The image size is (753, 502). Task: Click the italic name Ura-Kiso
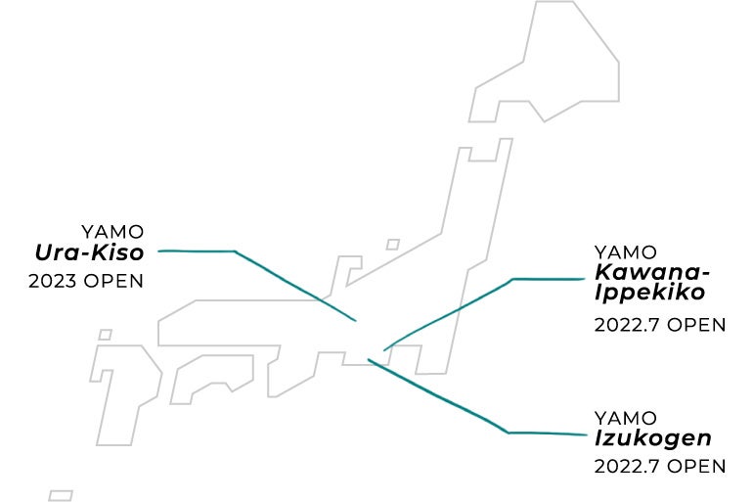[89, 254]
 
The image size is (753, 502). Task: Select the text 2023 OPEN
[87, 281]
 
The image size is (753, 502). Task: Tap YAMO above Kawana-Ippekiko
[625, 252]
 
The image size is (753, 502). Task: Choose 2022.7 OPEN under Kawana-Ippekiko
[660, 325]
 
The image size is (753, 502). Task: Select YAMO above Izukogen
[625, 418]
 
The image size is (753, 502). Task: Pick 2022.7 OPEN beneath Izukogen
[660, 466]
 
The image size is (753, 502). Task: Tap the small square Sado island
[393, 245]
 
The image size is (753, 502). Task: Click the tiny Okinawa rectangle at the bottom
[61, 495]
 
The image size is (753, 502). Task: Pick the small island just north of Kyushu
[105, 335]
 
